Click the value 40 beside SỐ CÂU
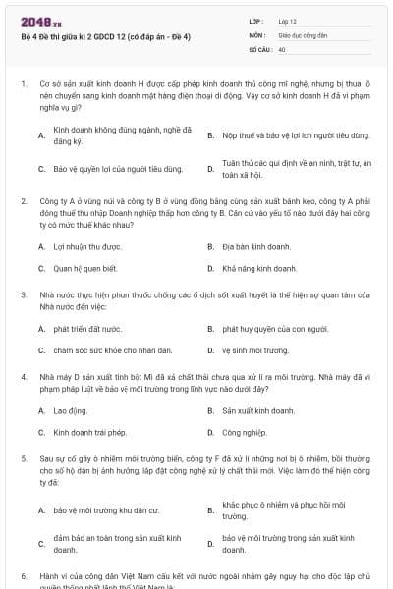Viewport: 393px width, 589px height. point(282,48)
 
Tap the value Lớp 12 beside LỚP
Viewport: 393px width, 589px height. point(287,20)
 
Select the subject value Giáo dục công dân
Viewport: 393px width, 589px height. point(303,33)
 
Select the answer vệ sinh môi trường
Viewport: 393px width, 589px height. point(255,350)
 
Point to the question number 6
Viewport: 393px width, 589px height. point(24,575)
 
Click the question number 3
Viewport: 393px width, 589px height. point(24,294)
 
